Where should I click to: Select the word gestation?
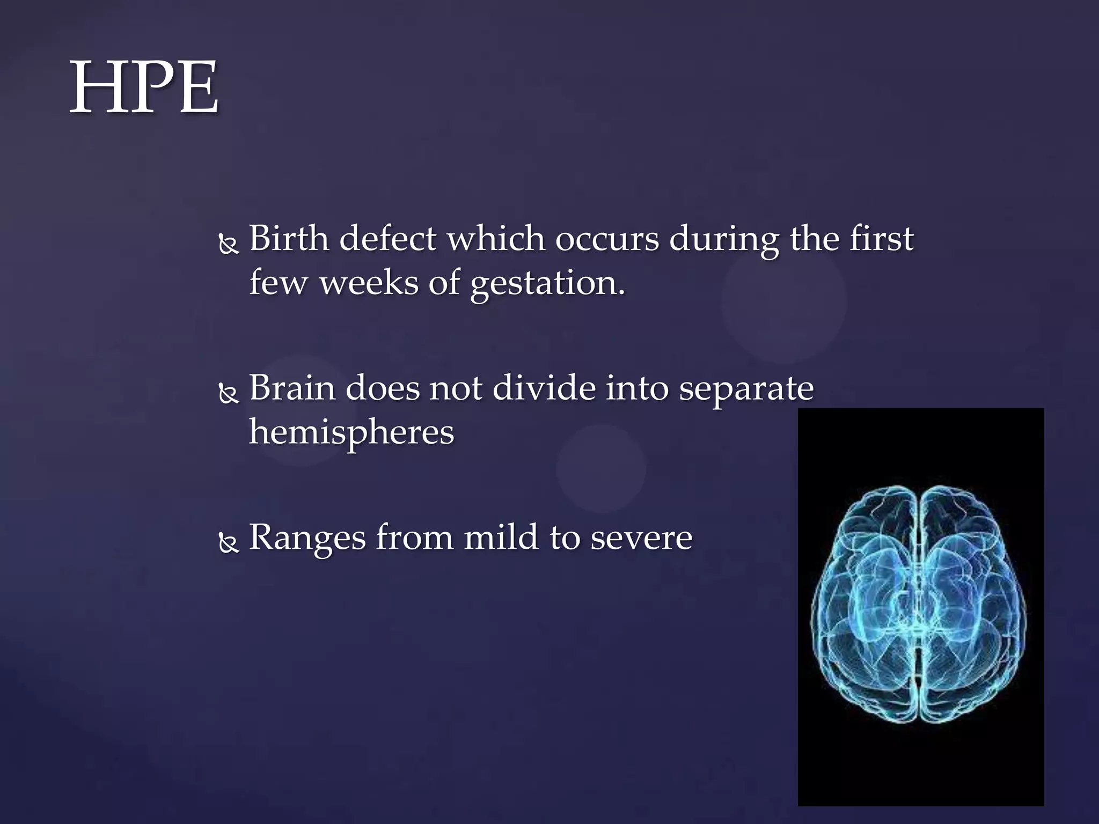point(547,283)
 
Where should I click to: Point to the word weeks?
point(369,282)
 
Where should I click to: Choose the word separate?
point(746,389)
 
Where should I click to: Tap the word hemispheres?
point(351,432)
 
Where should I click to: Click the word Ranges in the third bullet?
point(307,538)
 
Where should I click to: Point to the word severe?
point(641,538)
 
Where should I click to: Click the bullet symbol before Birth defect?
point(229,245)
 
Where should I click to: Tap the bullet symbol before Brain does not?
point(229,394)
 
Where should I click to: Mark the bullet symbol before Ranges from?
point(229,543)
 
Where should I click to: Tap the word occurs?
point(606,239)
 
